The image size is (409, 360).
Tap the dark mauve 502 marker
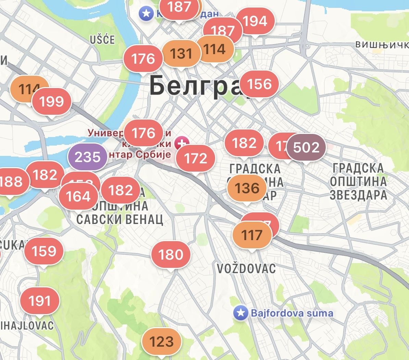[x=306, y=147]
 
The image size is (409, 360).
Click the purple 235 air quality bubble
[x=88, y=157]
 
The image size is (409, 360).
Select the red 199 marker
[x=51, y=101]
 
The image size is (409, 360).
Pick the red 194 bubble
[x=255, y=21]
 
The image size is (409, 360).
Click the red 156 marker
[x=259, y=84]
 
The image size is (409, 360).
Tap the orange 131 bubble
[x=181, y=53]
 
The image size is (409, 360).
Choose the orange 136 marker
[x=247, y=188]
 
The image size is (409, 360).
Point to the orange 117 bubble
[x=252, y=235]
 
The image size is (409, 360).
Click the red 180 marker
[x=171, y=255]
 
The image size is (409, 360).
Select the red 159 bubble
[x=44, y=251]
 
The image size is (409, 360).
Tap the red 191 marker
[x=40, y=301]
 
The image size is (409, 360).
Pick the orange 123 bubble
[x=161, y=342]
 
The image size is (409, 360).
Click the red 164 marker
[x=78, y=197]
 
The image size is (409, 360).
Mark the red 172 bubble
[x=196, y=158]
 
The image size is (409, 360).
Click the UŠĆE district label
[x=102, y=40]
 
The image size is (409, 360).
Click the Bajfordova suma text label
[x=292, y=313]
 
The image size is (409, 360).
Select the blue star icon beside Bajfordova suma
[x=240, y=313]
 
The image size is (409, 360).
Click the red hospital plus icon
[x=182, y=143]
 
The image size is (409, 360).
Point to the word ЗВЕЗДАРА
[x=358, y=195]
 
